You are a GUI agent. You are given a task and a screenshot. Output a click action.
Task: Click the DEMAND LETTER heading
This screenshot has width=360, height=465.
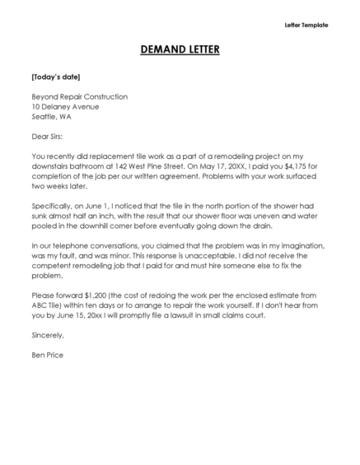[x=180, y=51]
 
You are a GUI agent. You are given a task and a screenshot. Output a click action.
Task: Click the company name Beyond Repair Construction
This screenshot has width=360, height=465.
[x=79, y=96]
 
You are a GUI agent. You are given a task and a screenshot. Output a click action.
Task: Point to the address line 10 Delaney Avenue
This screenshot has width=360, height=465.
[x=65, y=106]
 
